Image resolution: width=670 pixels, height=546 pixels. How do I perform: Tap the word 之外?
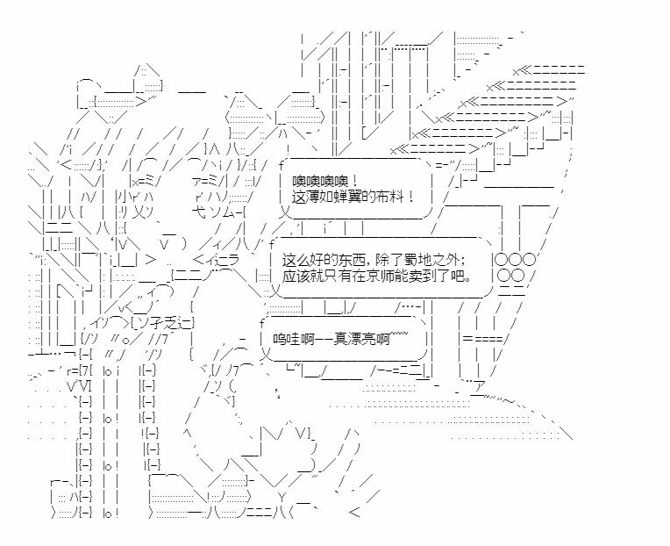(438, 260)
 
